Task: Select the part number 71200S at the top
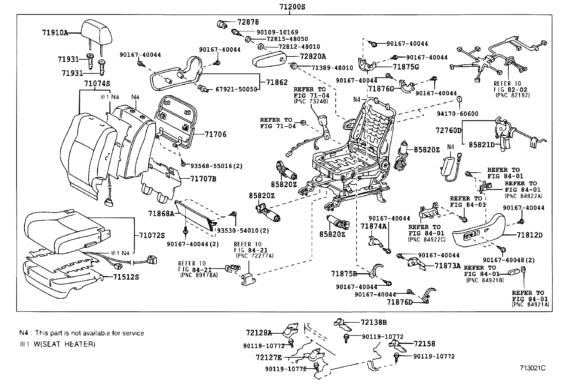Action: tap(289, 7)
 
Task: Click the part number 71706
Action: tap(215, 135)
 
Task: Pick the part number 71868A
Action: tap(161, 214)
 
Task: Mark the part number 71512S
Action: tap(126, 277)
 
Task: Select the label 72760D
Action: tap(448, 131)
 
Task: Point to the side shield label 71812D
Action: tap(530, 235)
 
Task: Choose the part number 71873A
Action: tap(448, 266)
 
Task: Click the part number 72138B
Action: tap(374, 322)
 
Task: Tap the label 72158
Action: tap(425, 343)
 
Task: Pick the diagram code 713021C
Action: tap(532, 368)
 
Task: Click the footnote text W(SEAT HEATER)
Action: tap(65, 344)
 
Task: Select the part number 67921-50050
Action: tap(237, 89)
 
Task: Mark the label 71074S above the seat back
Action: tap(97, 84)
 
